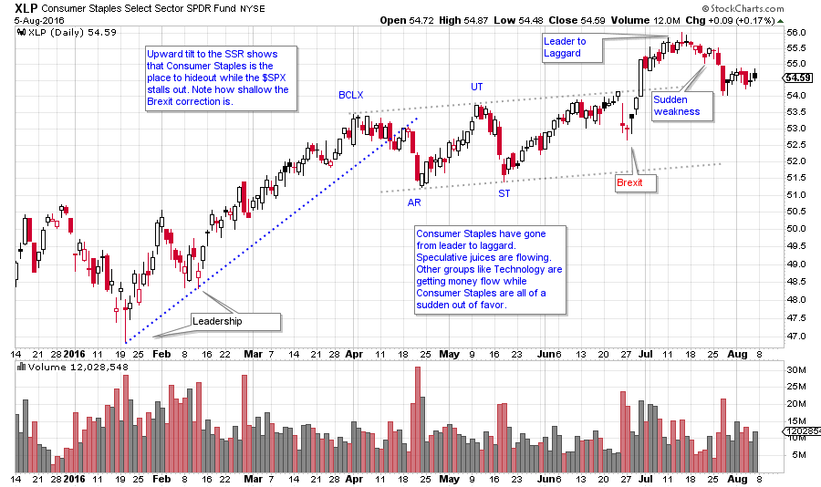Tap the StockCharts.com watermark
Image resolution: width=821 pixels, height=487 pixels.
coord(778,8)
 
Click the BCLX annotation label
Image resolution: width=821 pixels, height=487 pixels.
coord(351,95)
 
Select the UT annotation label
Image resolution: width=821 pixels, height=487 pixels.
coord(476,87)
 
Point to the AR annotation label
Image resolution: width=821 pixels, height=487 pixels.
coord(413,202)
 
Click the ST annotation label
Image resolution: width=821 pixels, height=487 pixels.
coord(504,193)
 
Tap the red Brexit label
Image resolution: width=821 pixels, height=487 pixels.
coord(630,182)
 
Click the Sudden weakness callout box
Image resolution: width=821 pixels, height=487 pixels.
coord(677,106)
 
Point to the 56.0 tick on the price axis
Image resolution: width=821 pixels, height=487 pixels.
coord(798,33)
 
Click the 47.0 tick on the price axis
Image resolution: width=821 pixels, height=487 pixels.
coord(798,337)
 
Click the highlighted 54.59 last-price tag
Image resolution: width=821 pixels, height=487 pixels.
coord(798,78)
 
